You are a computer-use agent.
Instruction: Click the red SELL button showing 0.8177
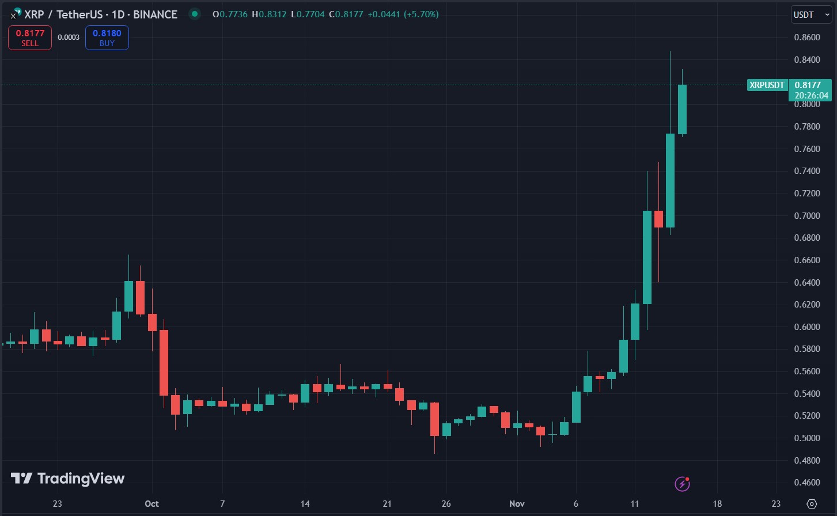[x=29, y=38]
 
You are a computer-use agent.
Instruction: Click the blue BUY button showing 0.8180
[x=107, y=38]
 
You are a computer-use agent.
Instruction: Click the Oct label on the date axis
[x=152, y=504]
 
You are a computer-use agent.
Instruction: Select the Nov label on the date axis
[x=517, y=504]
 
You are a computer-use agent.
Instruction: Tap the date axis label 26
[x=446, y=504]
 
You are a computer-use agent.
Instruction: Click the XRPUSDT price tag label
[x=767, y=85]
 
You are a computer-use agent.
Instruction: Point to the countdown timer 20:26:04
[x=811, y=96]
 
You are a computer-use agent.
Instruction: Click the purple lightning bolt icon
[x=682, y=484]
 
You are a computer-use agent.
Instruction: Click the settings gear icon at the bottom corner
[x=812, y=504]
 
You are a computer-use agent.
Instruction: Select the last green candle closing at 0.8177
[x=682, y=109]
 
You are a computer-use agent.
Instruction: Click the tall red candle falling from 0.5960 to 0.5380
[x=164, y=363]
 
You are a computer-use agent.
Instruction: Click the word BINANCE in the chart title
[x=155, y=14]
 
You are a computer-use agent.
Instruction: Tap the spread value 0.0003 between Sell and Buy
[x=69, y=37]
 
